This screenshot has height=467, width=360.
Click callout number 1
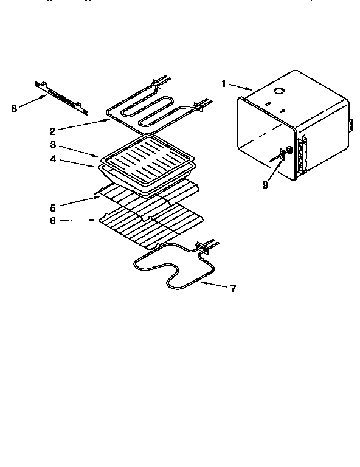click(x=224, y=83)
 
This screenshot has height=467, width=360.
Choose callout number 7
click(x=233, y=288)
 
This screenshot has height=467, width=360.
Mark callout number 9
click(x=265, y=185)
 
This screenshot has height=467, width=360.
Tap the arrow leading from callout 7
click(x=213, y=285)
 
